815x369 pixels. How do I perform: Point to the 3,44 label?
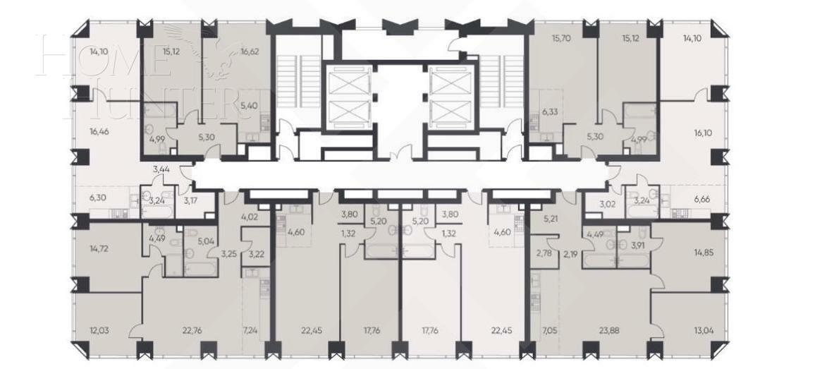pyautogui.click(x=161, y=169)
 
